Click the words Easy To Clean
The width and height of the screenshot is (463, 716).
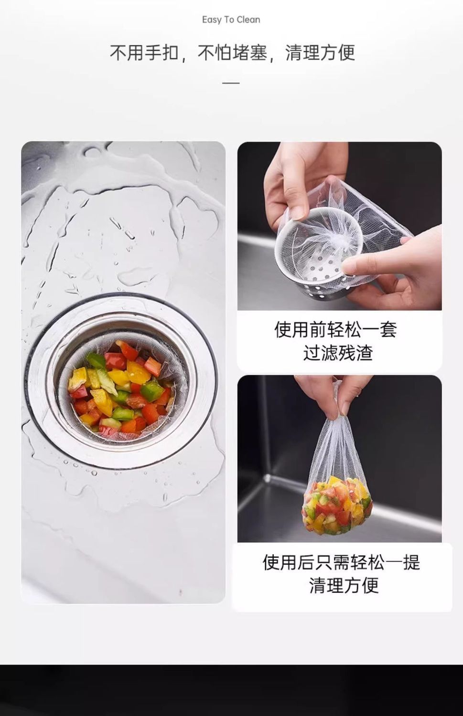pos(231,20)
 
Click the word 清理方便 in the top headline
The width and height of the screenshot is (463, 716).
pos(320,53)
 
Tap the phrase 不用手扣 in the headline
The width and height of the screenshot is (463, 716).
pos(144,53)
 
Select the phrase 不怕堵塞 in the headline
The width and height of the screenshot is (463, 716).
pos(232,53)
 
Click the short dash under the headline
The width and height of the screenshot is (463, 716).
pos(231,83)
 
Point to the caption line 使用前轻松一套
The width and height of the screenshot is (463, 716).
pos(335,329)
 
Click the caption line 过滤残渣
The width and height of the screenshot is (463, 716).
pos(338,353)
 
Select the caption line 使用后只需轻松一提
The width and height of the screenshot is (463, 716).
pos(341,571)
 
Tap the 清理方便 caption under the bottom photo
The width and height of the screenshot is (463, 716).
pos(344,594)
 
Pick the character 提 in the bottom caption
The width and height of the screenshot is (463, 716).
pos(411,571)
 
